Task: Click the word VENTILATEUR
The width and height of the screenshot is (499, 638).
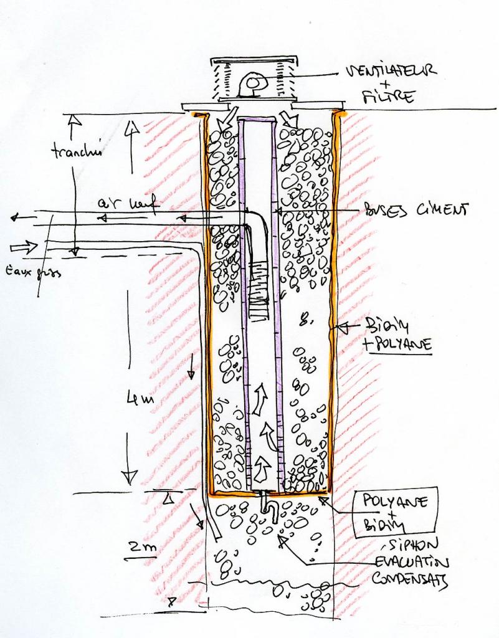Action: coord(391,70)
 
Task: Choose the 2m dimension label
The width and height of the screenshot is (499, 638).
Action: coord(143,548)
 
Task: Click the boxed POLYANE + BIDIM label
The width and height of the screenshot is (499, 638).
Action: coord(395,513)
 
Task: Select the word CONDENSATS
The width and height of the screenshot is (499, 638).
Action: coord(409,579)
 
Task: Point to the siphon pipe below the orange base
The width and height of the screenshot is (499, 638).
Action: coord(269,502)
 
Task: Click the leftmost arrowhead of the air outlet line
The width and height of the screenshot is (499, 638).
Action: coord(14,217)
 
